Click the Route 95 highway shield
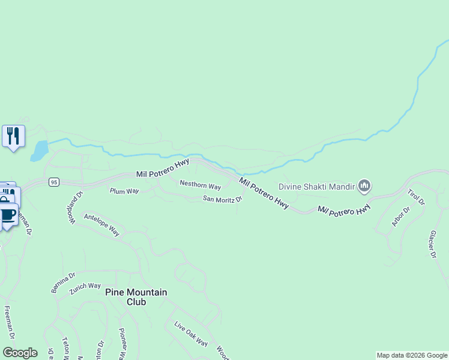54,182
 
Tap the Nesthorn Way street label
200,185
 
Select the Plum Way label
124,191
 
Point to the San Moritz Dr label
222,199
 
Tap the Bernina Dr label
63,283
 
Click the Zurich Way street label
85,286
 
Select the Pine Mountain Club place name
136,297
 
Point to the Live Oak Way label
191,334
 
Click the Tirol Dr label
415,197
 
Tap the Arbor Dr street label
400,217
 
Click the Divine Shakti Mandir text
316,185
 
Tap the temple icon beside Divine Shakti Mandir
364,186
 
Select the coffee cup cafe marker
7,215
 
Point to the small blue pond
39,151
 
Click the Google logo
20,352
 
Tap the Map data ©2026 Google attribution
412,355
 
